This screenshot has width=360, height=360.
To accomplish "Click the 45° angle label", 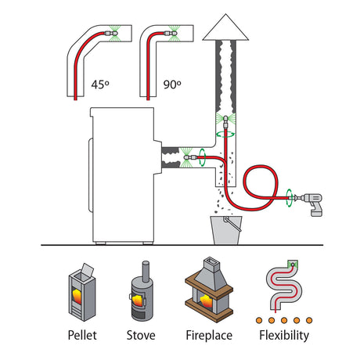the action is pos(100,85).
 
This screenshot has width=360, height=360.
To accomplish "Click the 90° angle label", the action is pos(172,85).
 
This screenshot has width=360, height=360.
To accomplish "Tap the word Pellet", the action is pos(82,335).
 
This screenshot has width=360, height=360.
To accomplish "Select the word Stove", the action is pos(141,335).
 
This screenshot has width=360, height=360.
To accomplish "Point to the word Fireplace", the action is pos(209,336).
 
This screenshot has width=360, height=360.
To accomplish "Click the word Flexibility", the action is pos(284,336).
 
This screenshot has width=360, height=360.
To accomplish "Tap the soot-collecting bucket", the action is pos(226,230).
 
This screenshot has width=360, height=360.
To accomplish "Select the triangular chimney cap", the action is pos(225,27).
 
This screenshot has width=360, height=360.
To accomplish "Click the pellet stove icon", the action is pos(81,293).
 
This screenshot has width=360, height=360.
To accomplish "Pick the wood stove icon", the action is pos(141,291).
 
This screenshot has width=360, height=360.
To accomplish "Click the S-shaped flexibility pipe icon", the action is pos(284,286).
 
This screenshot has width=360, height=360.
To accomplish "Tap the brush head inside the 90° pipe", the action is pos(171,34).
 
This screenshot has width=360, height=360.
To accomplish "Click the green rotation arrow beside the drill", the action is pos(289,198).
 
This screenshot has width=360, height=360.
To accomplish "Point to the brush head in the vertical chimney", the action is pos(225,121).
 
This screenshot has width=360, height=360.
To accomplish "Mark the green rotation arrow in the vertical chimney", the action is pos(225,135).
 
